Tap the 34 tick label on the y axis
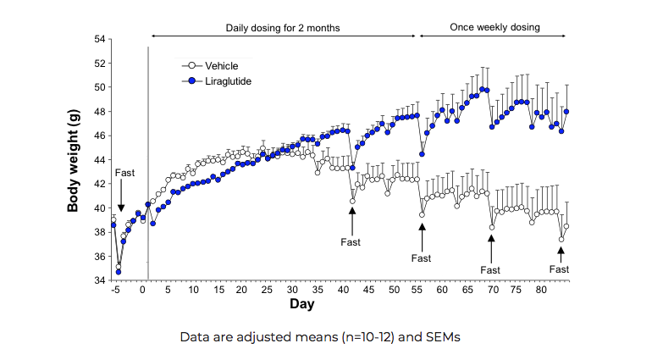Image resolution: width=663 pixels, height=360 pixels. click(x=99, y=280)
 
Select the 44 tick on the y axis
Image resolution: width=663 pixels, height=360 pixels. click(x=99, y=160)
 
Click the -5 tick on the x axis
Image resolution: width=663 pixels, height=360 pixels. click(x=114, y=290)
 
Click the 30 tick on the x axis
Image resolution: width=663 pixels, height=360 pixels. click(x=290, y=290)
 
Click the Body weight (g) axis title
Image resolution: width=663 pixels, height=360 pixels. click(x=75, y=160)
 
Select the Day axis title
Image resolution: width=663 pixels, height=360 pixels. click(x=301, y=303)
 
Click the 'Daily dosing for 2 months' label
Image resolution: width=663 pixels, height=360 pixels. click(x=283, y=27)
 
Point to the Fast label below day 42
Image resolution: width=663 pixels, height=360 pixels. click(x=351, y=242)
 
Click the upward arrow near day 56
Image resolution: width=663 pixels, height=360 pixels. click(x=422, y=235)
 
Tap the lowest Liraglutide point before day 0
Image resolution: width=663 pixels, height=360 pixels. click(x=119, y=272)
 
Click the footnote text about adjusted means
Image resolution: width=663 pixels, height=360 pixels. click(x=319, y=336)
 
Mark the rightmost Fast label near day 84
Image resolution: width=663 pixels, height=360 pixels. click(x=559, y=269)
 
